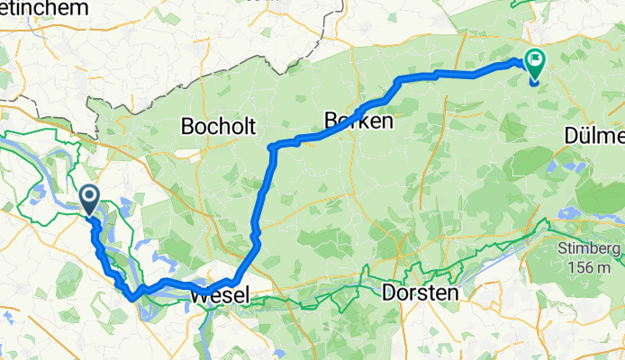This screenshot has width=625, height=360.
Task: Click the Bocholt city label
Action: (219, 126)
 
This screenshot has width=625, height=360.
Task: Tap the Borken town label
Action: (358, 121)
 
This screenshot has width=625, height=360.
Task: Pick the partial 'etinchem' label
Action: (45, 7)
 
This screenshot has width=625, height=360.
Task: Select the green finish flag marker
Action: (533, 64)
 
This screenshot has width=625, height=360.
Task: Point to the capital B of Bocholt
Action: (187, 126)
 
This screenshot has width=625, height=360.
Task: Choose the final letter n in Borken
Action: (387, 121)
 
